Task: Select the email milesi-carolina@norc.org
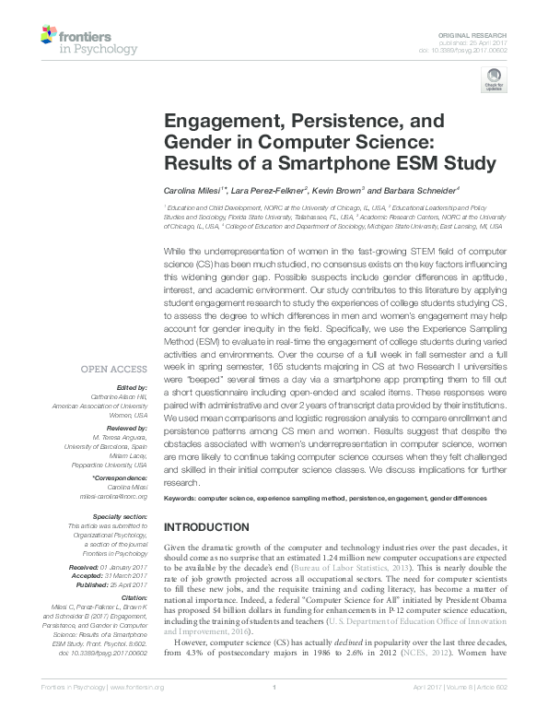click(114, 495)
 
